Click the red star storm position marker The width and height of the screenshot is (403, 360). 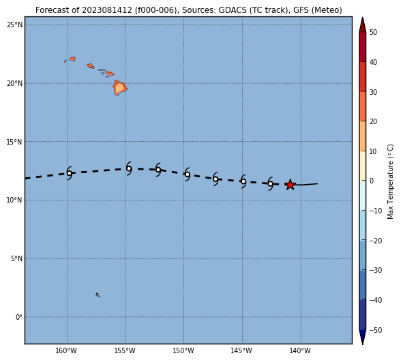pos(290,185)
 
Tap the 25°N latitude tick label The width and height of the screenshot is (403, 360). pos(14,25)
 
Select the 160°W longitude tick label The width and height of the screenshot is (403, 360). pos(66,350)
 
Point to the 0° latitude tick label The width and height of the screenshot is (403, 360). pos(19,317)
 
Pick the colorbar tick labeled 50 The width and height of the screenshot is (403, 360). pos(373,32)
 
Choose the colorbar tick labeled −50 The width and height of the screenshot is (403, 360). pos(376,330)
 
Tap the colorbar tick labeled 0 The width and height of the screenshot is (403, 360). pos(372,181)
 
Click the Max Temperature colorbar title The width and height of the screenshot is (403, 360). pos(390,181)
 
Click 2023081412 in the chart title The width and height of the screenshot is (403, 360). pos(107,10)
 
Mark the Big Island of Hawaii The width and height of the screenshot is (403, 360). pos(120,88)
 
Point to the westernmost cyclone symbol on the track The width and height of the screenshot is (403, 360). pos(69,173)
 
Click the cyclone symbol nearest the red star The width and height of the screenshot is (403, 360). pos(270,183)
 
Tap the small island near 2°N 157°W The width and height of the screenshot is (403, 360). pos(98,295)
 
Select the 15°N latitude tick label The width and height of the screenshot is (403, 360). pos(14,142)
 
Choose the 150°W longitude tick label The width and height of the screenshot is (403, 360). pos(183,350)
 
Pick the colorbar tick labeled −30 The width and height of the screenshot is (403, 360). pos(376,270)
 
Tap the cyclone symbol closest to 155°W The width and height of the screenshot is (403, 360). pos(129,168)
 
